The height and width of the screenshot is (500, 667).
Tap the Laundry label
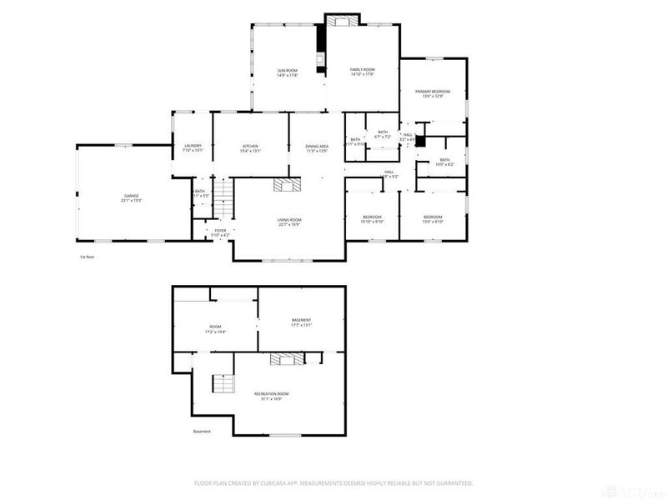click(x=193, y=146)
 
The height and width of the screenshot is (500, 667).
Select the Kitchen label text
click(x=251, y=146)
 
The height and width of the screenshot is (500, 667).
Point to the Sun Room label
click(x=288, y=70)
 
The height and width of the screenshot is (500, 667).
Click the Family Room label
click(x=363, y=70)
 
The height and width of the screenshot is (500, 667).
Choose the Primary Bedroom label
click(x=433, y=91)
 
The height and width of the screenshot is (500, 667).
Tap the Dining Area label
click(x=316, y=146)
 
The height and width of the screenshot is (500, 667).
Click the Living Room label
click(x=288, y=220)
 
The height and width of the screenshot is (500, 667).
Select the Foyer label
click(x=220, y=230)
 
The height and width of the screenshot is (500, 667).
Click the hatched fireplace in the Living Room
click(x=288, y=185)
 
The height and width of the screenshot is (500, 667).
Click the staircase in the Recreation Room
click(x=223, y=384)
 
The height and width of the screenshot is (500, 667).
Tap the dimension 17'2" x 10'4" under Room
click(x=215, y=332)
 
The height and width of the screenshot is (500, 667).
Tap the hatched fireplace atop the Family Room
click(x=342, y=20)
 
